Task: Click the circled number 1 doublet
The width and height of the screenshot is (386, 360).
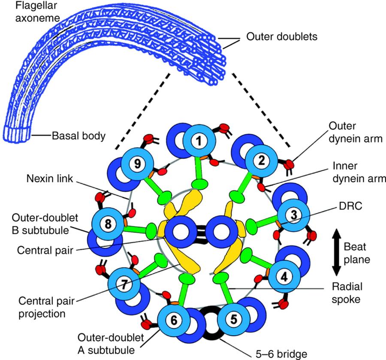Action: click(x=199, y=141)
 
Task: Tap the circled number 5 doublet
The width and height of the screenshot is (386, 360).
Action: click(x=233, y=319)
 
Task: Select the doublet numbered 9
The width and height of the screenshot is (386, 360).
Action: click(x=137, y=164)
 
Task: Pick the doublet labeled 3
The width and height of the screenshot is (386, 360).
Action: click(x=293, y=215)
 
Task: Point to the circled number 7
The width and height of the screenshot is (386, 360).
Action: click(x=124, y=284)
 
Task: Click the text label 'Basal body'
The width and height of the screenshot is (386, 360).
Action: click(x=79, y=136)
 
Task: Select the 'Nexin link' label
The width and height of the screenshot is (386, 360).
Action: click(x=50, y=178)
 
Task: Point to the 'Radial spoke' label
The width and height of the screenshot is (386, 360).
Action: click(x=347, y=293)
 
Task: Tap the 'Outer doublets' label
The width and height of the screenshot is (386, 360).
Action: click(x=282, y=37)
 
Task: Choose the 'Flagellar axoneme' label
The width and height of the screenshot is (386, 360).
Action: click(x=37, y=12)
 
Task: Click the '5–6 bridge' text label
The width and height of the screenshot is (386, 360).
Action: click(x=281, y=354)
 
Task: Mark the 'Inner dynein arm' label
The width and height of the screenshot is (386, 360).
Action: click(x=359, y=172)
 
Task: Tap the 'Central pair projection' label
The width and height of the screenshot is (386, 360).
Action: click(x=46, y=307)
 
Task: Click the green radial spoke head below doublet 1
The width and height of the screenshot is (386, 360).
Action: click(x=199, y=184)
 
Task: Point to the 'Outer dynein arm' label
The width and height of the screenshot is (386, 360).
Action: click(x=356, y=132)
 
